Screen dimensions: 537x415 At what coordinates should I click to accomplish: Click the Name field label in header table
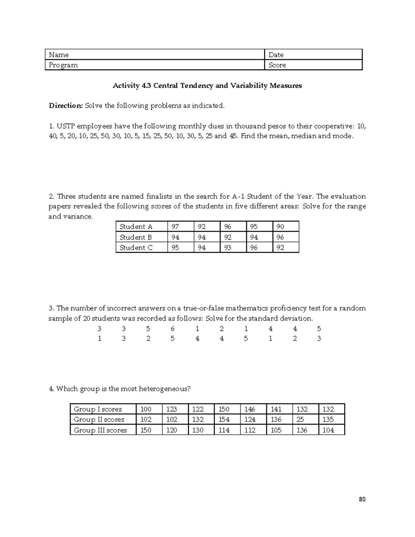coord(59,55)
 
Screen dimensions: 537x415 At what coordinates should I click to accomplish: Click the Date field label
coord(276,55)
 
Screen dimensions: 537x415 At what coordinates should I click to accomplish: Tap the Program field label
coord(63,65)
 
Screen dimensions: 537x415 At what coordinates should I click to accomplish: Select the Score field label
coord(277,65)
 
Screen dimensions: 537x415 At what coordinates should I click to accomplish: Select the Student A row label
coord(136,227)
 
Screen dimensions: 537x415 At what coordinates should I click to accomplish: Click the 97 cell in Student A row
coord(175,227)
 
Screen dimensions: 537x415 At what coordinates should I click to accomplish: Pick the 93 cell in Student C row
coord(228,248)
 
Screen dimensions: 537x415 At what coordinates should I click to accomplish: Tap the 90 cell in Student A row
coord(280,227)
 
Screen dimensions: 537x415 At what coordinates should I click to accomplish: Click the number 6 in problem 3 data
coord(173,329)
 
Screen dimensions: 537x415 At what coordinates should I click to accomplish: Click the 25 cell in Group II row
coord(300,420)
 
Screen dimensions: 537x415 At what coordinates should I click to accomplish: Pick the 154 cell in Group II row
coord(224,420)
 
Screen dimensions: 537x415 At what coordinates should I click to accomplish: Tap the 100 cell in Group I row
coord(146,409)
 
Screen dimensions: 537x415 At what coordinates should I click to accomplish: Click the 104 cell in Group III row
coord(328,430)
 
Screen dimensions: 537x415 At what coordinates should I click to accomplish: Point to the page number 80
coord(362,499)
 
